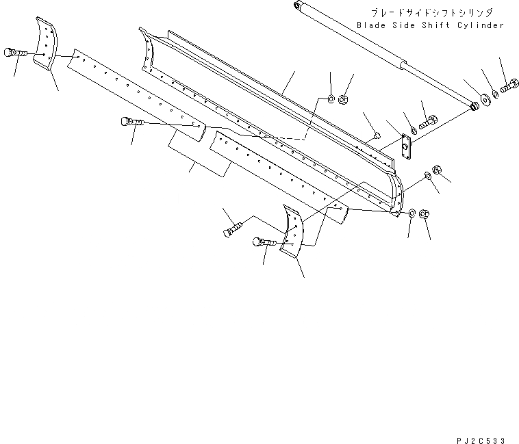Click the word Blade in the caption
(370, 25)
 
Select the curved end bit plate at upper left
(47, 42)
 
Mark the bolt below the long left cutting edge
(131, 122)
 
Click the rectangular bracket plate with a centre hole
(406, 146)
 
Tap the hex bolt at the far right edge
(511, 88)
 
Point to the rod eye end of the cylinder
(474, 107)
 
